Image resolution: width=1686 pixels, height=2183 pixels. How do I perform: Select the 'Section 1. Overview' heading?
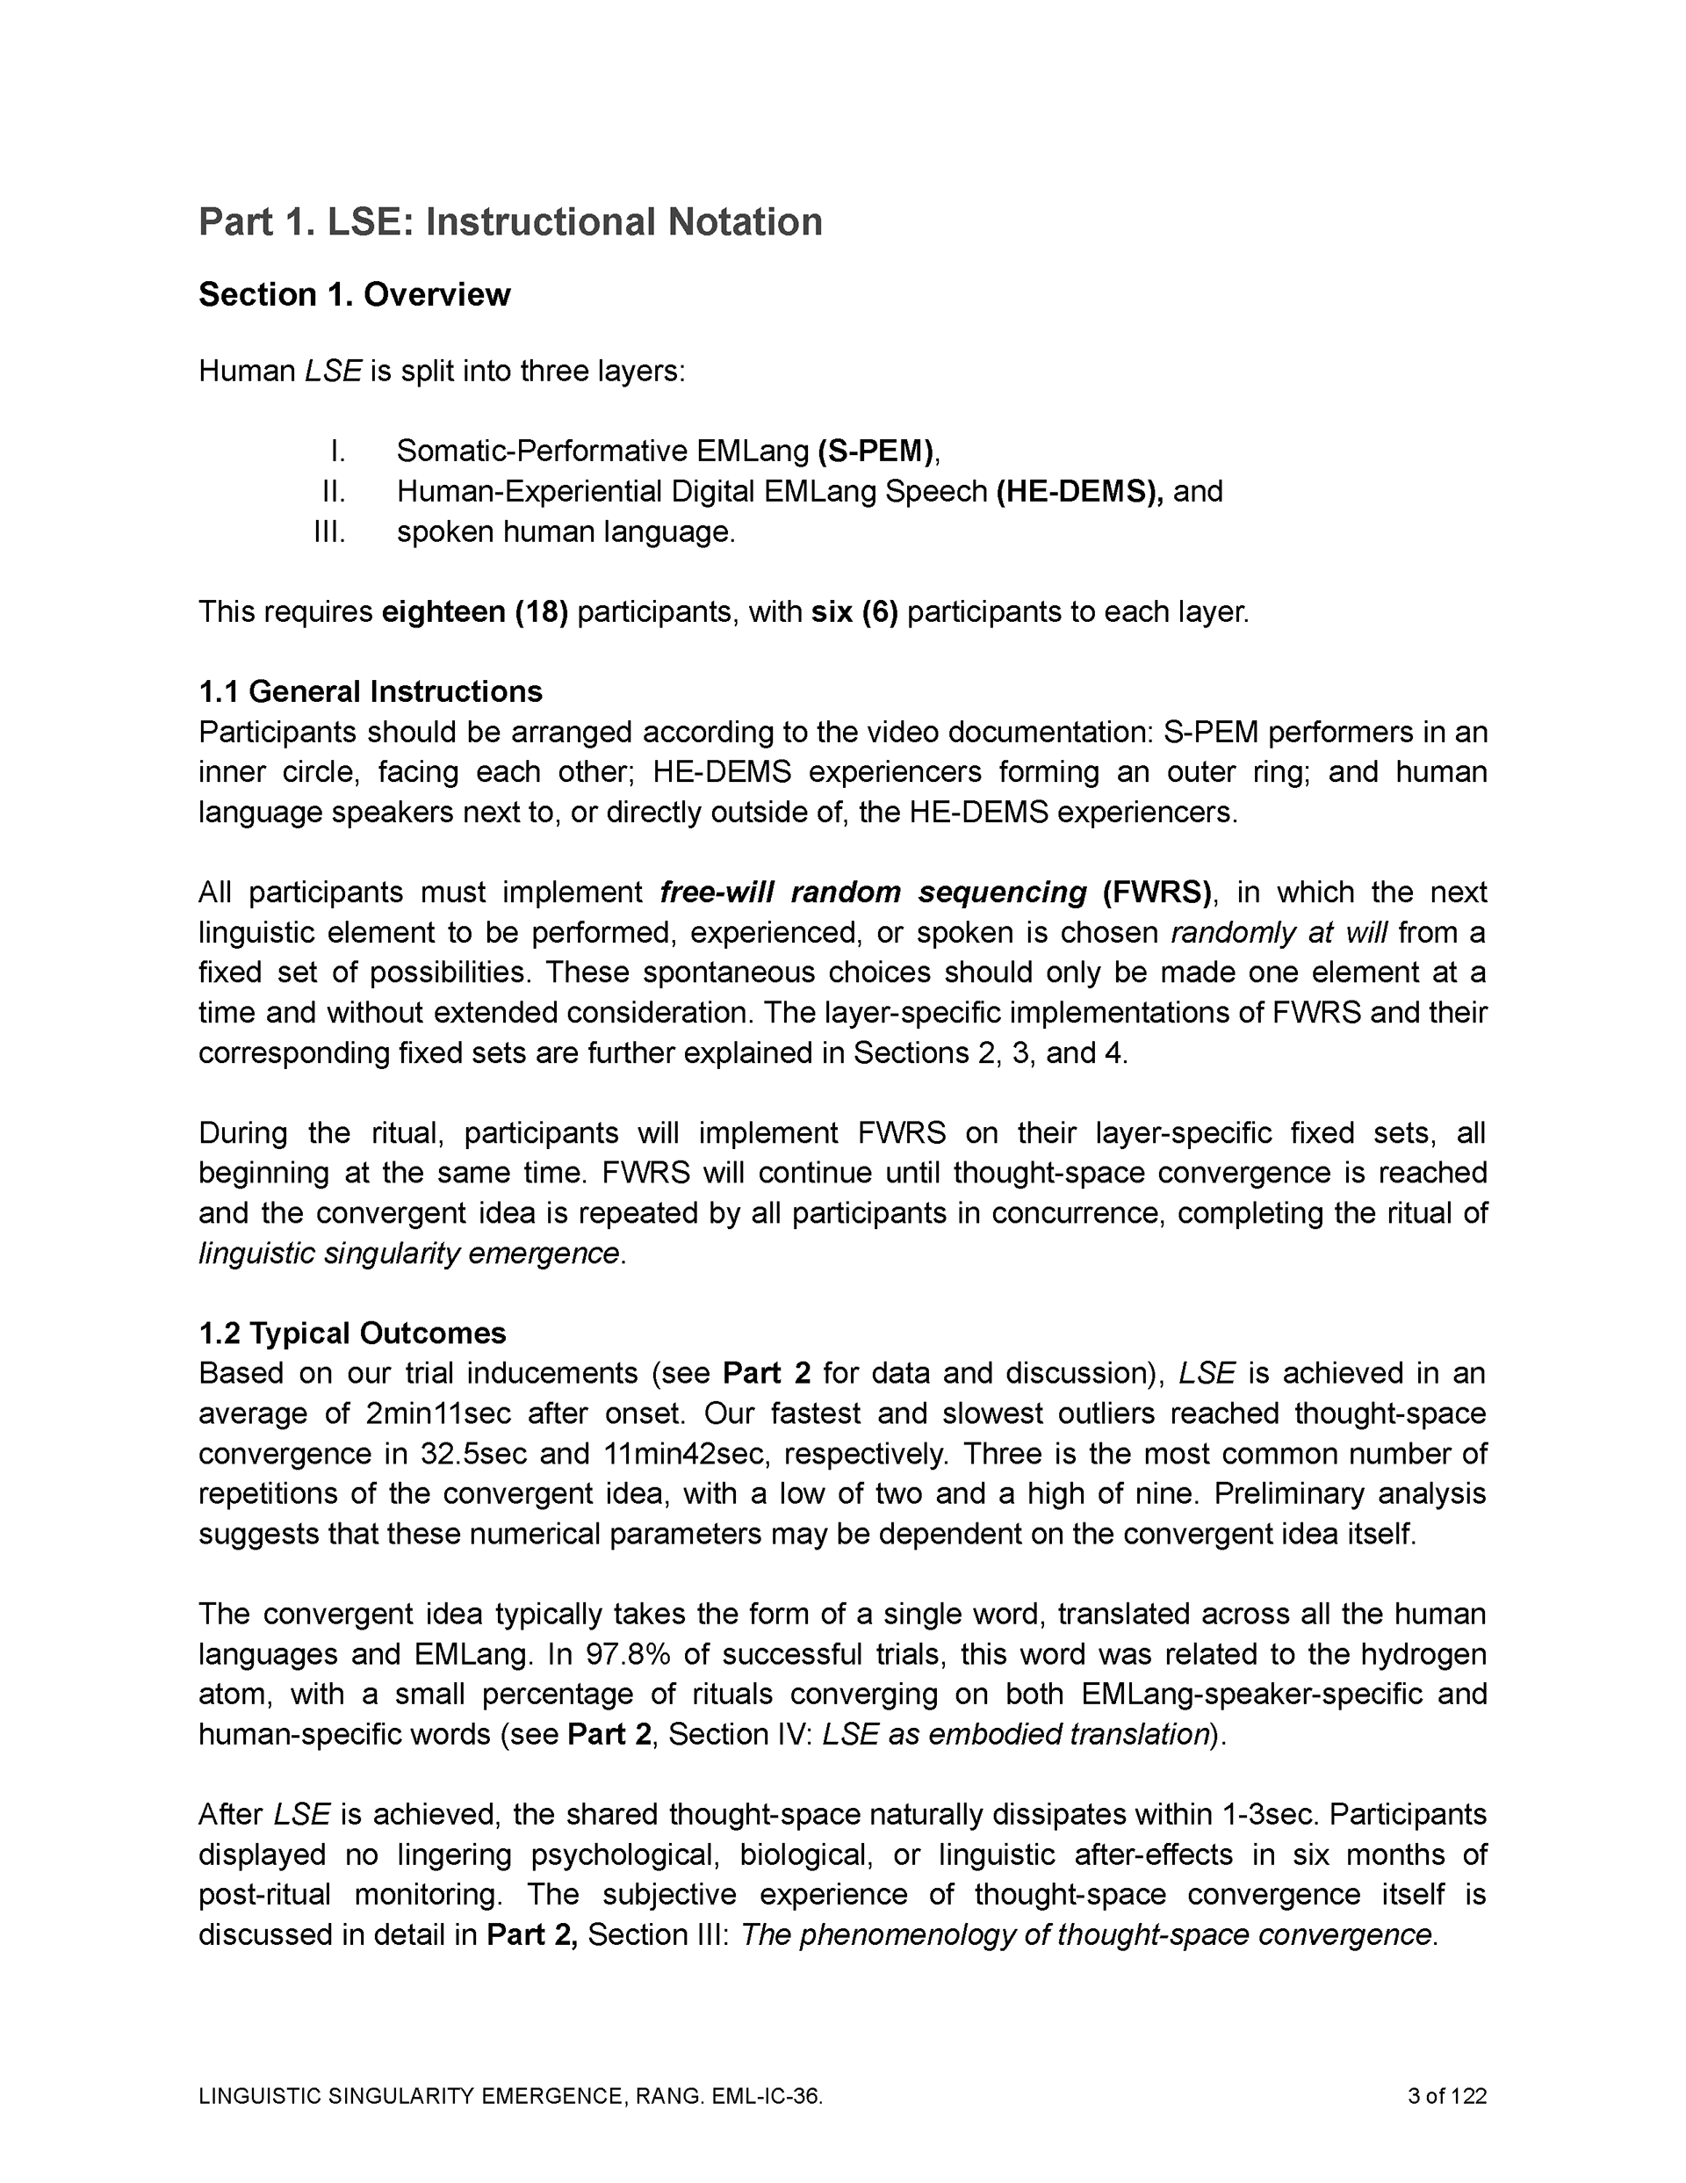[x=354, y=295]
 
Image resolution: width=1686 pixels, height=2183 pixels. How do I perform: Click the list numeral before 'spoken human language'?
[x=330, y=531]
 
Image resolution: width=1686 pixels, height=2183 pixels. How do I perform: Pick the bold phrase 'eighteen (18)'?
[x=475, y=611]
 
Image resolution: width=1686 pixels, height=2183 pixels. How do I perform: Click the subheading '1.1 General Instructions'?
[x=370, y=691]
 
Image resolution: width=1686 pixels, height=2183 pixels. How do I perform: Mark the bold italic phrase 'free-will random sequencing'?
[x=874, y=892]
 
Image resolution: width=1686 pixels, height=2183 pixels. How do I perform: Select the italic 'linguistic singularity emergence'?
[x=408, y=1254]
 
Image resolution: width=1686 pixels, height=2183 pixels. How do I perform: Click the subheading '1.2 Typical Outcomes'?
[x=352, y=1334]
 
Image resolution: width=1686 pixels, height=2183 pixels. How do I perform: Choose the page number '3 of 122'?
[x=1446, y=2096]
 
